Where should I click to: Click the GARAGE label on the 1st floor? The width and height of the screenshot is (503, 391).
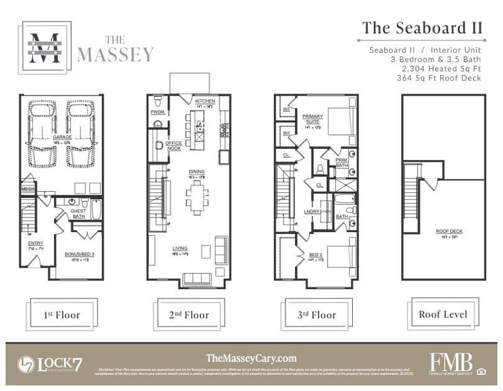(x=62, y=137)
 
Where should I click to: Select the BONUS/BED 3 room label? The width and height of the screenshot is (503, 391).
(x=79, y=255)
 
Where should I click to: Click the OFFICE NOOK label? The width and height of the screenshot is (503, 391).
(x=174, y=145)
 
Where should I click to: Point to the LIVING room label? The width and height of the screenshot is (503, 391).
(x=180, y=248)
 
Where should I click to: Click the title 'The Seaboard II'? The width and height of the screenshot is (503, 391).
(x=422, y=28)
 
